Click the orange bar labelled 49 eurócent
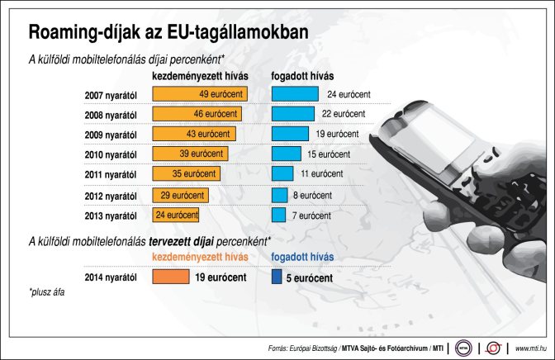coord(200,94)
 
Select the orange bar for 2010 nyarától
coord(190,154)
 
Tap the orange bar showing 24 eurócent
coord(176,215)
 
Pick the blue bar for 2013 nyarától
coord(278,215)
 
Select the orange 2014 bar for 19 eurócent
coord(171,278)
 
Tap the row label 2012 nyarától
coord(110,196)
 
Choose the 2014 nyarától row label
coord(110,279)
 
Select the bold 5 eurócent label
coord(311,278)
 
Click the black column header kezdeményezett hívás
coord(202,77)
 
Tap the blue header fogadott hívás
coord(302,258)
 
